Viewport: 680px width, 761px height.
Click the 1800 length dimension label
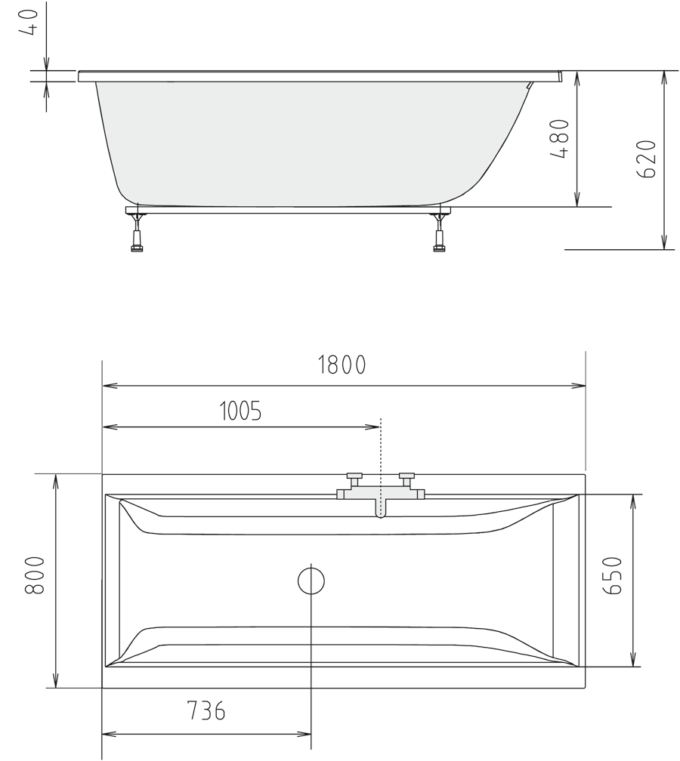[x=342, y=365]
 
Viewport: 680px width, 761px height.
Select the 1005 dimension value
[x=240, y=411]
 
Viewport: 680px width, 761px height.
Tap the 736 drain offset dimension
[x=206, y=711]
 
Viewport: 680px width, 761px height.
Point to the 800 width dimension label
[x=36, y=577]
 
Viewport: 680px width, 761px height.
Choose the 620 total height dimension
[x=647, y=159]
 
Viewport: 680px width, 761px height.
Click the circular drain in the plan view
[x=311, y=581]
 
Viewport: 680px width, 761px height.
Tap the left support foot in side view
[x=137, y=233]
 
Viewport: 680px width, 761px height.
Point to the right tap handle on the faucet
[x=407, y=478]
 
